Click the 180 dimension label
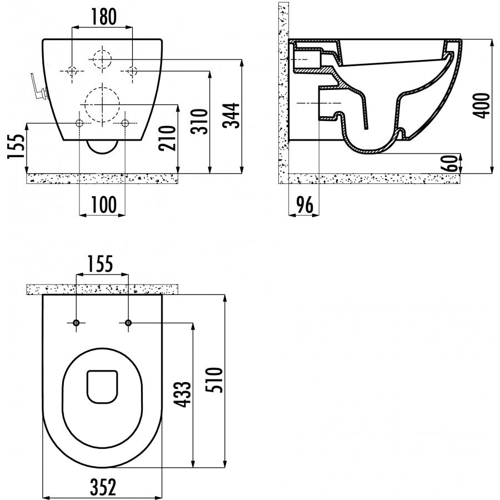click(104, 17)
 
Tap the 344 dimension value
click(231, 116)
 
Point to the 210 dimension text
click(168, 138)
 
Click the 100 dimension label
click(104, 204)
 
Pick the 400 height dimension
click(482, 106)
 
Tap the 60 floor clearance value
click(452, 163)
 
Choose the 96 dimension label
click(305, 205)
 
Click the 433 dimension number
click(182, 394)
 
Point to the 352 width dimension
click(103, 487)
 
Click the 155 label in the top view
click(100, 264)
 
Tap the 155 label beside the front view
click(16, 146)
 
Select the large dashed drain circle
click(102, 104)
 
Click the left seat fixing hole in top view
click(76, 323)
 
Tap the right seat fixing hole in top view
click(128, 323)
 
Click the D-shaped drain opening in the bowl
click(102, 387)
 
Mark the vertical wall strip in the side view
click(283, 93)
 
